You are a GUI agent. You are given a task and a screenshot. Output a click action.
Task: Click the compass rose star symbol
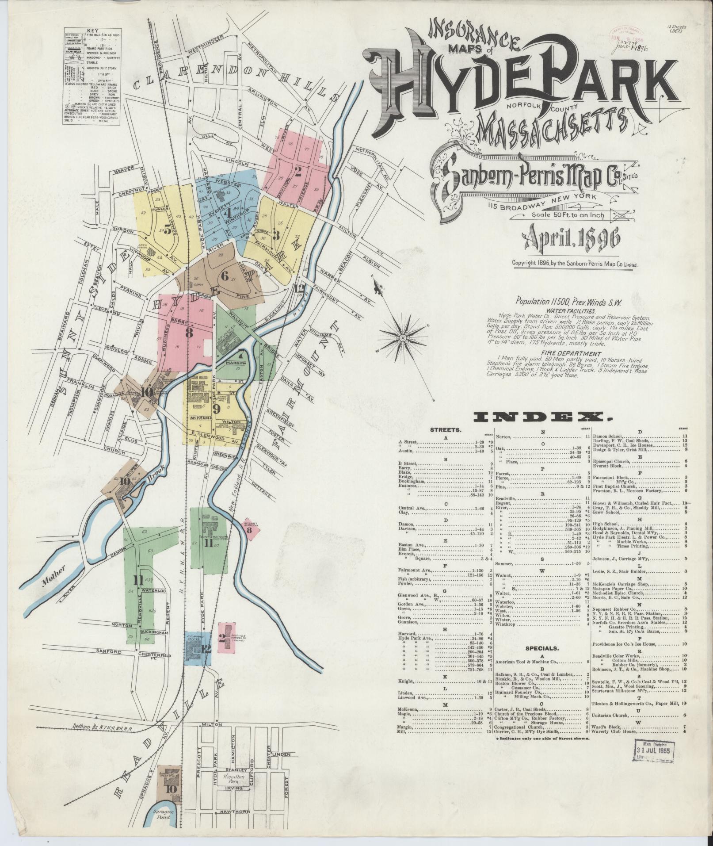pos(403,337)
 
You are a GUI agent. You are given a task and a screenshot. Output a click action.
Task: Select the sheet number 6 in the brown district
pos(225,277)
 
